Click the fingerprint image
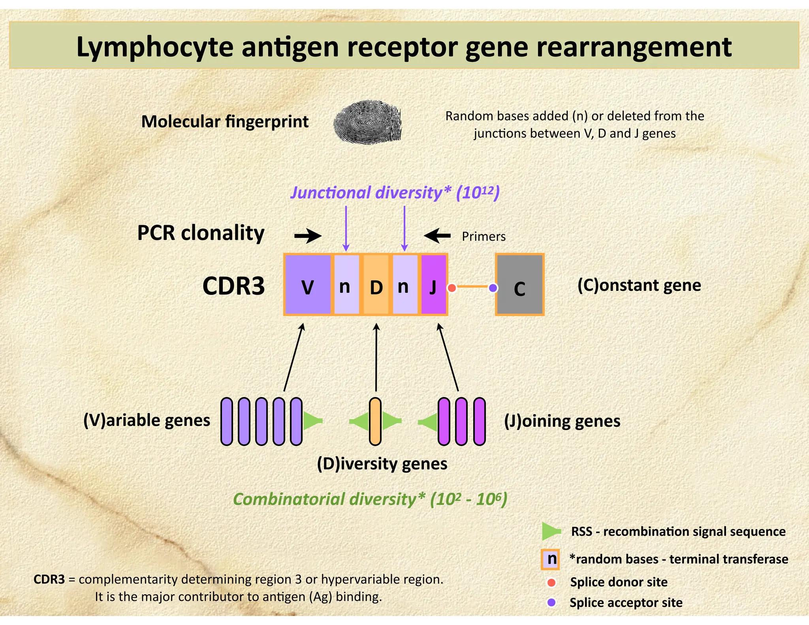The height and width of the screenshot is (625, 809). [367, 122]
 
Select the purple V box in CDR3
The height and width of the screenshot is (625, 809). [308, 284]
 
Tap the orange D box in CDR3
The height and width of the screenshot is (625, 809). [376, 284]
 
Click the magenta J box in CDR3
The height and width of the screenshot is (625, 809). [433, 284]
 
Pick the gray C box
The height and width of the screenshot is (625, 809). [519, 284]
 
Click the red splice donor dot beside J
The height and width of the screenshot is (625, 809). [452, 288]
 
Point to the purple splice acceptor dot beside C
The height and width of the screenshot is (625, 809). [493, 288]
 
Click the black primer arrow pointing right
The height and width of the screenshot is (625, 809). [308, 236]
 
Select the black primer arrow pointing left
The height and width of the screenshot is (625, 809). [437, 236]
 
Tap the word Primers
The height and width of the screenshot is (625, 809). [484, 236]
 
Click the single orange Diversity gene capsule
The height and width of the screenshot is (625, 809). [375, 422]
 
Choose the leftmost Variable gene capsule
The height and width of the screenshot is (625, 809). [226, 422]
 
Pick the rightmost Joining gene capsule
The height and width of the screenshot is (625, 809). [479, 422]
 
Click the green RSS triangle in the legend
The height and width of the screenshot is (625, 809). [551, 531]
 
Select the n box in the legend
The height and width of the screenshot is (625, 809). [550, 559]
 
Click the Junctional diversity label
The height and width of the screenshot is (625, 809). [395, 193]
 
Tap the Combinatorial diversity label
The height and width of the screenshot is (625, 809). [370, 499]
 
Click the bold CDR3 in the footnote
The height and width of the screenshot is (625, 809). [49, 579]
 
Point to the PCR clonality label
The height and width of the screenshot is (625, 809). [201, 233]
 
